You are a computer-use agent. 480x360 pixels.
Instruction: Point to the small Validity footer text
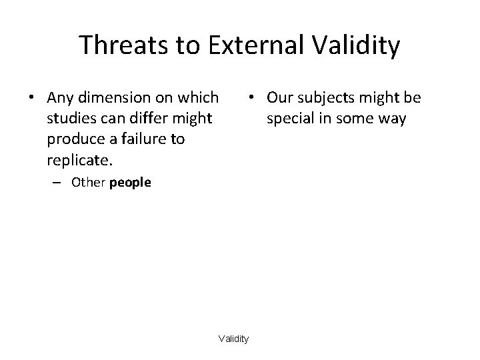click(233, 339)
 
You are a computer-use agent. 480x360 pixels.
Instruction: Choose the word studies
click(71, 119)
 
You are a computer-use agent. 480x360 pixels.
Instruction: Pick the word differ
click(153, 119)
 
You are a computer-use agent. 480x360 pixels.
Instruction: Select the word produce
click(75, 141)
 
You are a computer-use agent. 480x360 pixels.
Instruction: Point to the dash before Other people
click(58, 183)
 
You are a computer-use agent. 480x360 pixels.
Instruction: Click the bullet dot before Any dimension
click(32, 99)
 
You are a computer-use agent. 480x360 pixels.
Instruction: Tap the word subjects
click(323, 99)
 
